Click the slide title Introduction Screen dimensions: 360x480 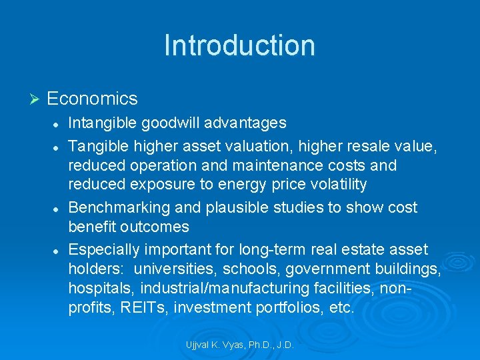point(239,45)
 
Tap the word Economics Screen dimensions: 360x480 point(92,99)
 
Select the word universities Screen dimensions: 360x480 point(175,269)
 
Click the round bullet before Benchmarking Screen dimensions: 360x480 point(57,208)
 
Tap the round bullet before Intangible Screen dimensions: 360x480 point(57,123)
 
